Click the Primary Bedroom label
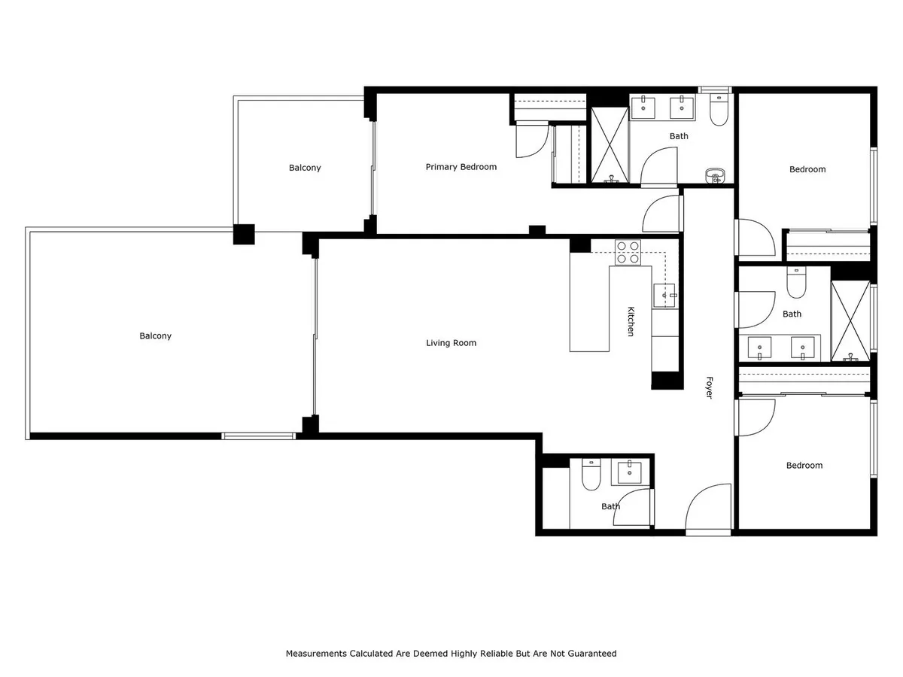click(x=461, y=167)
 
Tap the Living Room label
click(x=451, y=343)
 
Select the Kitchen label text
click(x=631, y=321)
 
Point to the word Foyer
click(x=709, y=387)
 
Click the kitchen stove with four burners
click(x=628, y=253)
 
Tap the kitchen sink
click(x=664, y=295)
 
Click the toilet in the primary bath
click(x=719, y=110)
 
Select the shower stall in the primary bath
click(x=610, y=144)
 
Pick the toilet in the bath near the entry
click(x=591, y=474)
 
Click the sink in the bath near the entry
click(x=629, y=472)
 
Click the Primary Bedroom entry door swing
click(x=661, y=214)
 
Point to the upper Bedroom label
click(x=807, y=169)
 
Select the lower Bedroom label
click(x=804, y=466)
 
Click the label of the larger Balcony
click(x=155, y=335)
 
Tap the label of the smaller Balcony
click(x=305, y=168)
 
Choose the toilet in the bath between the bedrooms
click(x=796, y=282)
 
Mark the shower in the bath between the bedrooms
click(x=850, y=321)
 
